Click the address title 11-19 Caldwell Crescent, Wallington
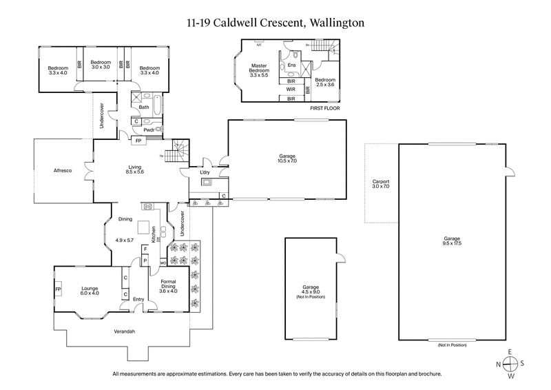point(275,23)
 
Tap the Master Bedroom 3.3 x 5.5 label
point(258,70)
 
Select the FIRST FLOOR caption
point(324,109)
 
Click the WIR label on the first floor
point(291,90)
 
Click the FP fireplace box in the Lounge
point(58,289)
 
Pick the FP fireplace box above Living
point(139,141)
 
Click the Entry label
point(138,299)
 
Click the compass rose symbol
point(510,364)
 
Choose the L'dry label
point(205,164)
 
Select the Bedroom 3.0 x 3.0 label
point(101,64)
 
